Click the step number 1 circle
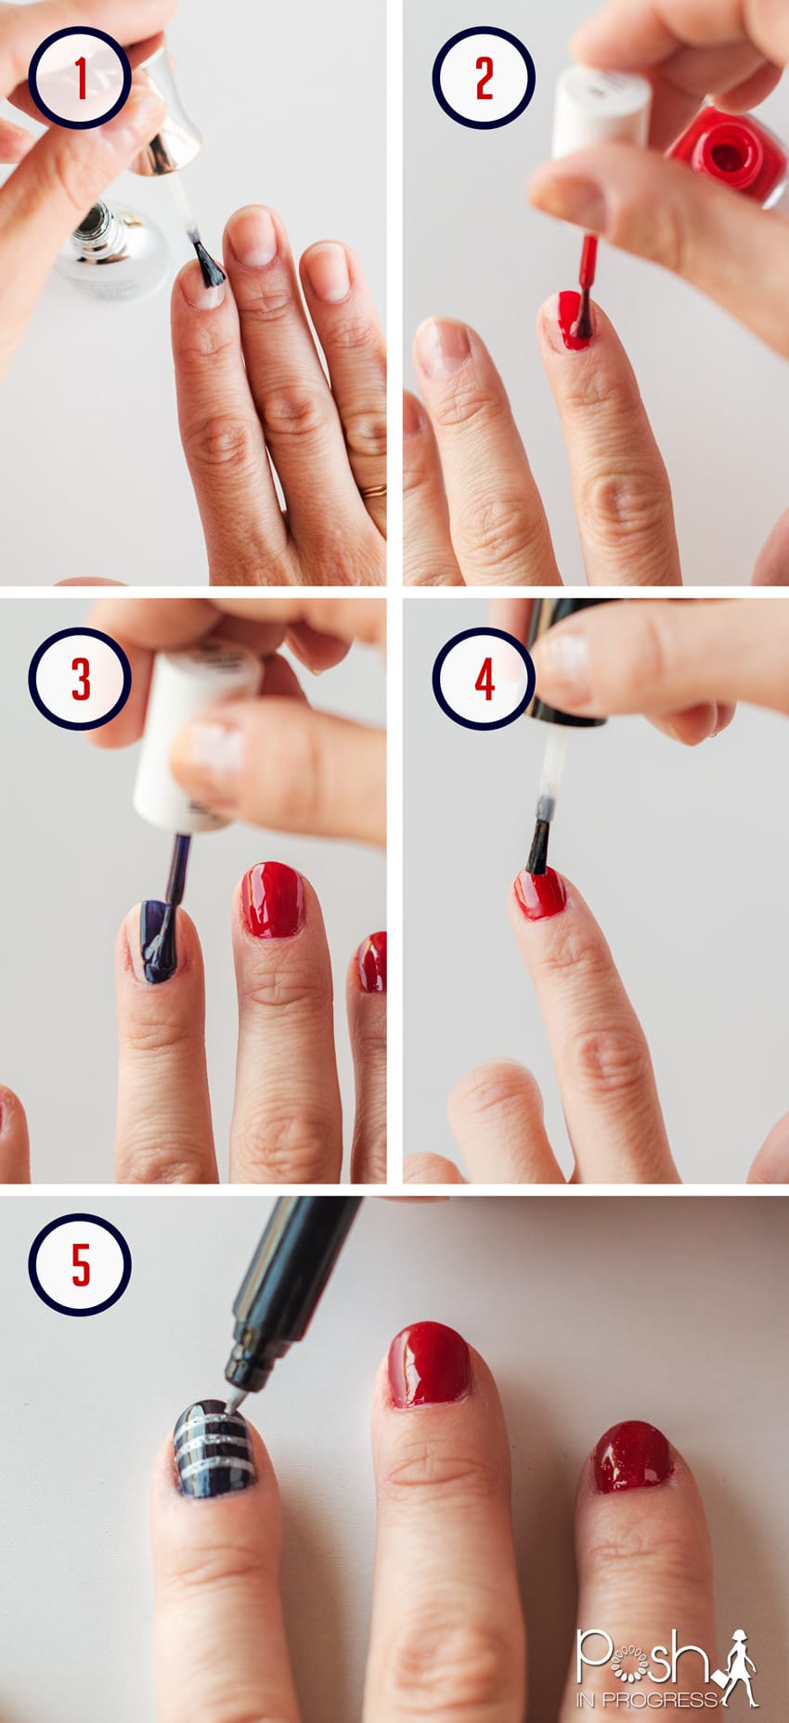pos(79,77)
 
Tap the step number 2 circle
pos(483,77)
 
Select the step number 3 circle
pos(79,679)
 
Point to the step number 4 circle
pos(483,679)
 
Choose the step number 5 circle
pos(79,1264)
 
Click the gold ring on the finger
pos(374,490)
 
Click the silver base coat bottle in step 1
pos(111,246)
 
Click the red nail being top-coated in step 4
pos(540,893)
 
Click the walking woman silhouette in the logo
pos(736,1667)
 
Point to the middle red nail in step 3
pos(273,899)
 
